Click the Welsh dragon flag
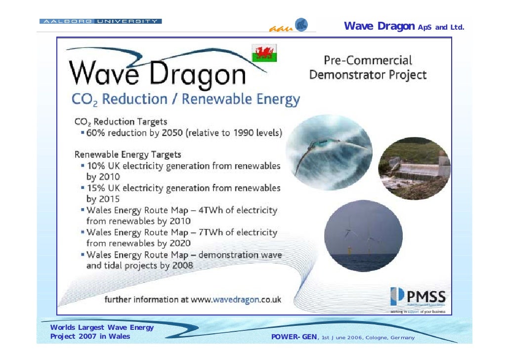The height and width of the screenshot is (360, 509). pos(264,53)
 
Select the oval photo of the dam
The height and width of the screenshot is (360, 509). pos(414,168)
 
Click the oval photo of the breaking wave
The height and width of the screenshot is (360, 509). pos(329,152)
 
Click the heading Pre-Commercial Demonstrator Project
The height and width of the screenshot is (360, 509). pos(368,68)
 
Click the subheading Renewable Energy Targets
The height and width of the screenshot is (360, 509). pos(127,154)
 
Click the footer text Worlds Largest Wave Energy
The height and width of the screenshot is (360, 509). pos(102,327)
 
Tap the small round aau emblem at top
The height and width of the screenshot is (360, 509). pos(301,24)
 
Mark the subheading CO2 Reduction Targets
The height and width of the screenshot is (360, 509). pos(121,122)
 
